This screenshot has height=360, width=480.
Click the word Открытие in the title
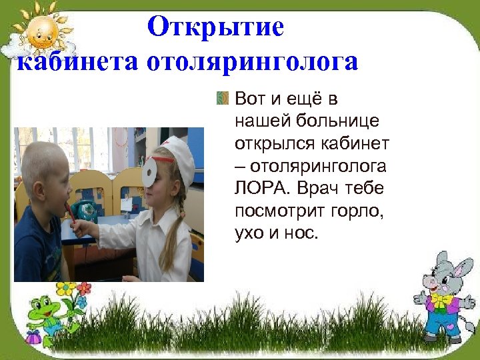point(215,27)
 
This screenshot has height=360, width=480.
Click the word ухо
point(250,234)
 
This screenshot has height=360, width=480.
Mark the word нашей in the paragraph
point(265,121)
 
